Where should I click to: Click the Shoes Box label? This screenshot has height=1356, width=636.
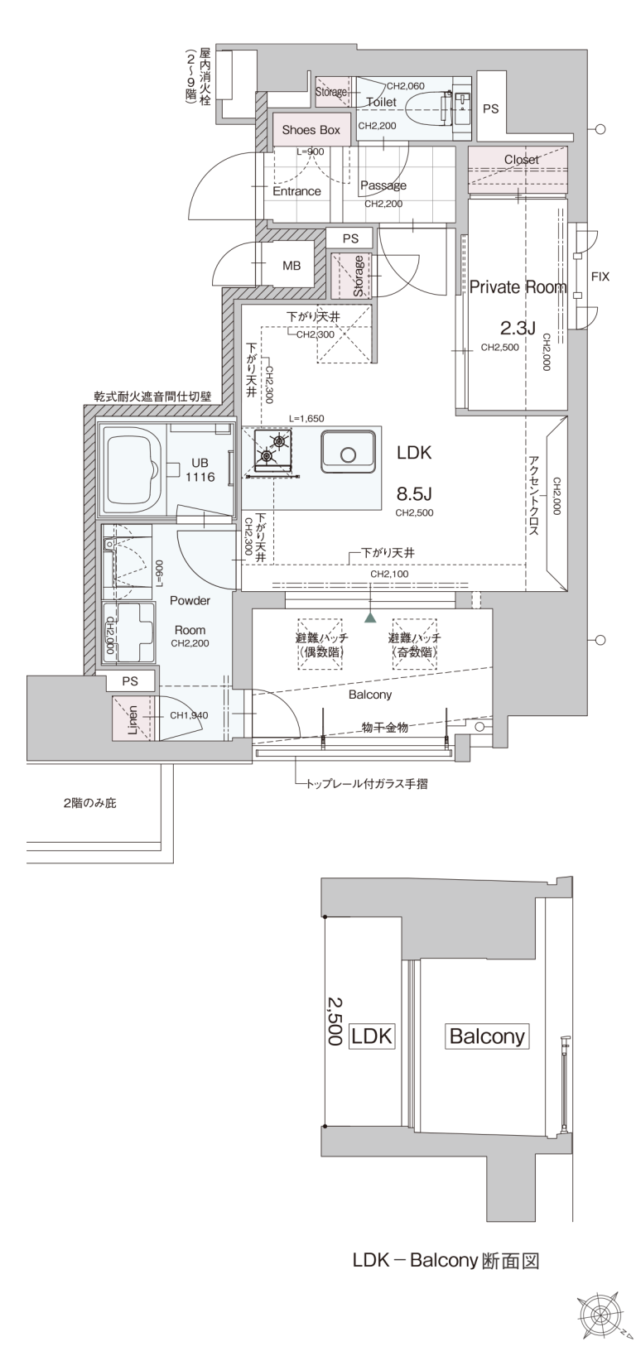click(311, 130)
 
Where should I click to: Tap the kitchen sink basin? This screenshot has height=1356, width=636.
click(348, 452)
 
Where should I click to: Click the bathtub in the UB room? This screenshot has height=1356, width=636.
click(132, 468)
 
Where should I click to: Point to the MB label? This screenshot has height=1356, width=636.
click(291, 265)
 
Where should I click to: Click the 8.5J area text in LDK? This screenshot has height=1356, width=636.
click(414, 494)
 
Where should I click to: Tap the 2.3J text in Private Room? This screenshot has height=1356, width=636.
click(518, 329)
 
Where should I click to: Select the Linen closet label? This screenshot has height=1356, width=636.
click(132, 719)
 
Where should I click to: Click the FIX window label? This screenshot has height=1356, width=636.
click(600, 276)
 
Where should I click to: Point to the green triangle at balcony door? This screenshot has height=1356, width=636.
click(369, 618)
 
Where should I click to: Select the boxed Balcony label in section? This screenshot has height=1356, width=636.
click(487, 1036)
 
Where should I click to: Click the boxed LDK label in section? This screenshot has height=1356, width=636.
click(372, 1036)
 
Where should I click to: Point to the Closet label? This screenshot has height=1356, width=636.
click(521, 159)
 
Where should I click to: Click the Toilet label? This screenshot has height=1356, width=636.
click(382, 102)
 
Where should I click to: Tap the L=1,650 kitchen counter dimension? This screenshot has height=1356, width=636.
click(306, 418)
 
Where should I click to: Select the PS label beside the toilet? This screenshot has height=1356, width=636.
click(490, 109)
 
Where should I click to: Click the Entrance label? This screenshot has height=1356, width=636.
click(296, 191)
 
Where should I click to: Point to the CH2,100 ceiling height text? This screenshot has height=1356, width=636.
click(389, 574)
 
